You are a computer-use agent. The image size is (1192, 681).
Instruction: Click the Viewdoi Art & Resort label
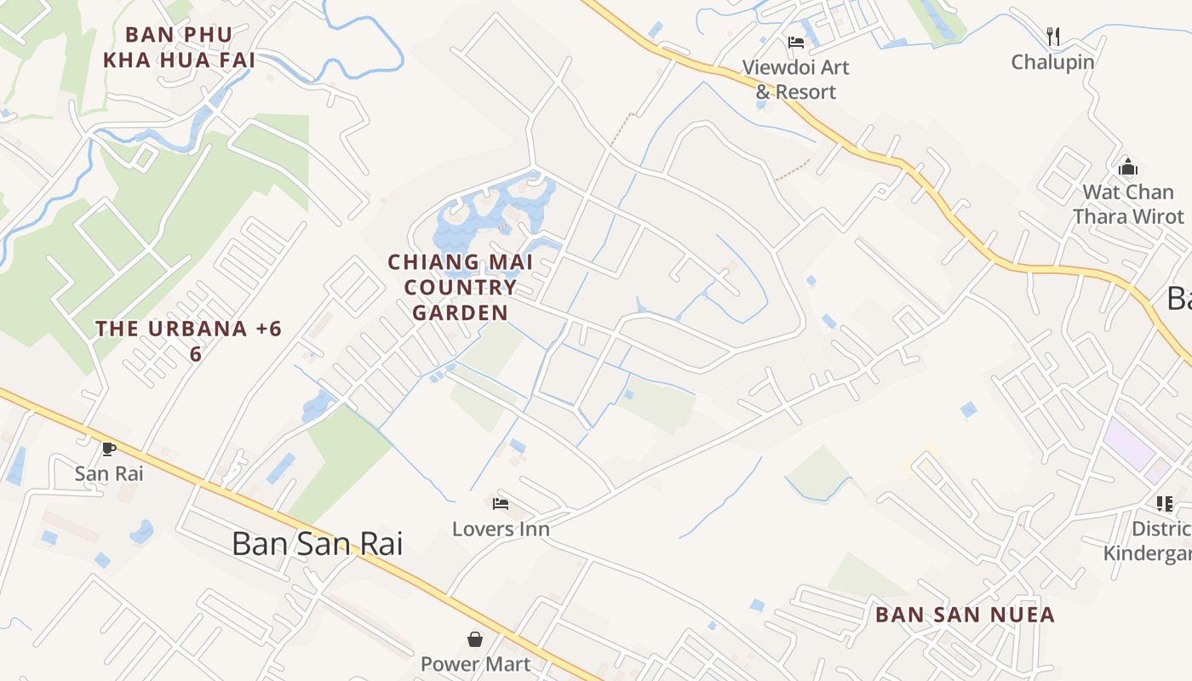pyautogui.click(x=795, y=79)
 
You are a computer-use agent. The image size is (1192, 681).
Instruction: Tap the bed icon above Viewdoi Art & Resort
pyautogui.click(x=796, y=42)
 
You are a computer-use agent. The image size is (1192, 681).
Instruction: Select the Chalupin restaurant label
pyautogui.click(x=1052, y=62)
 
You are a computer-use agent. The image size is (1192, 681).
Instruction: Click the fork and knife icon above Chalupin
pyautogui.click(x=1053, y=36)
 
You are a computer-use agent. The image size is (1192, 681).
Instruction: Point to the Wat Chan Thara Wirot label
pyautogui.click(x=1128, y=204)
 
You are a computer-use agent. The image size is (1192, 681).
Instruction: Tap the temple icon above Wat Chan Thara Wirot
pyautogui.click(x=1128, y=166)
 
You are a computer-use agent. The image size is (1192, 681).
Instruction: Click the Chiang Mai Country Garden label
pyautogui.click(x=461, y=287)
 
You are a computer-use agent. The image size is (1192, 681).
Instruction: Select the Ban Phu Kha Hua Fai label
pyautogui.click(x=191, y=48)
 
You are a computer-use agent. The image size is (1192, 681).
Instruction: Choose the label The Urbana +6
pyautogui.click(x=188, y=329)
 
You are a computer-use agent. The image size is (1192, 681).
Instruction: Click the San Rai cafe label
pyautogui.click(x=109, y=473)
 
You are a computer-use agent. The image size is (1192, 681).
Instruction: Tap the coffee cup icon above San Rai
pyautogui.click(x=109, y=449)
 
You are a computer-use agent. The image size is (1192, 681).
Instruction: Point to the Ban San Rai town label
pyautogui.click(x=317, y=544)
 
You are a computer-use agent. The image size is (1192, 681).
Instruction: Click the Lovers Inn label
pyautogui.click(x=501, y=529)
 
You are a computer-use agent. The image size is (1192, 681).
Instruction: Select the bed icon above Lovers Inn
pyautogui.click(x=501, y=504)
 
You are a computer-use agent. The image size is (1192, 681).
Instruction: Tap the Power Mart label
pyautogui.click(x=475, y=663)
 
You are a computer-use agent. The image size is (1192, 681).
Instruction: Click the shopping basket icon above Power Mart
pyautogui.click(x=475, y=638)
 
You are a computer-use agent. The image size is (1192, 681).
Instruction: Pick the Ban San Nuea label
pyautogui.click(x=965, y=615)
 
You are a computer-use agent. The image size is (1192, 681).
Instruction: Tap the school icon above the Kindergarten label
pyautogui.click(x=1164, y=504)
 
